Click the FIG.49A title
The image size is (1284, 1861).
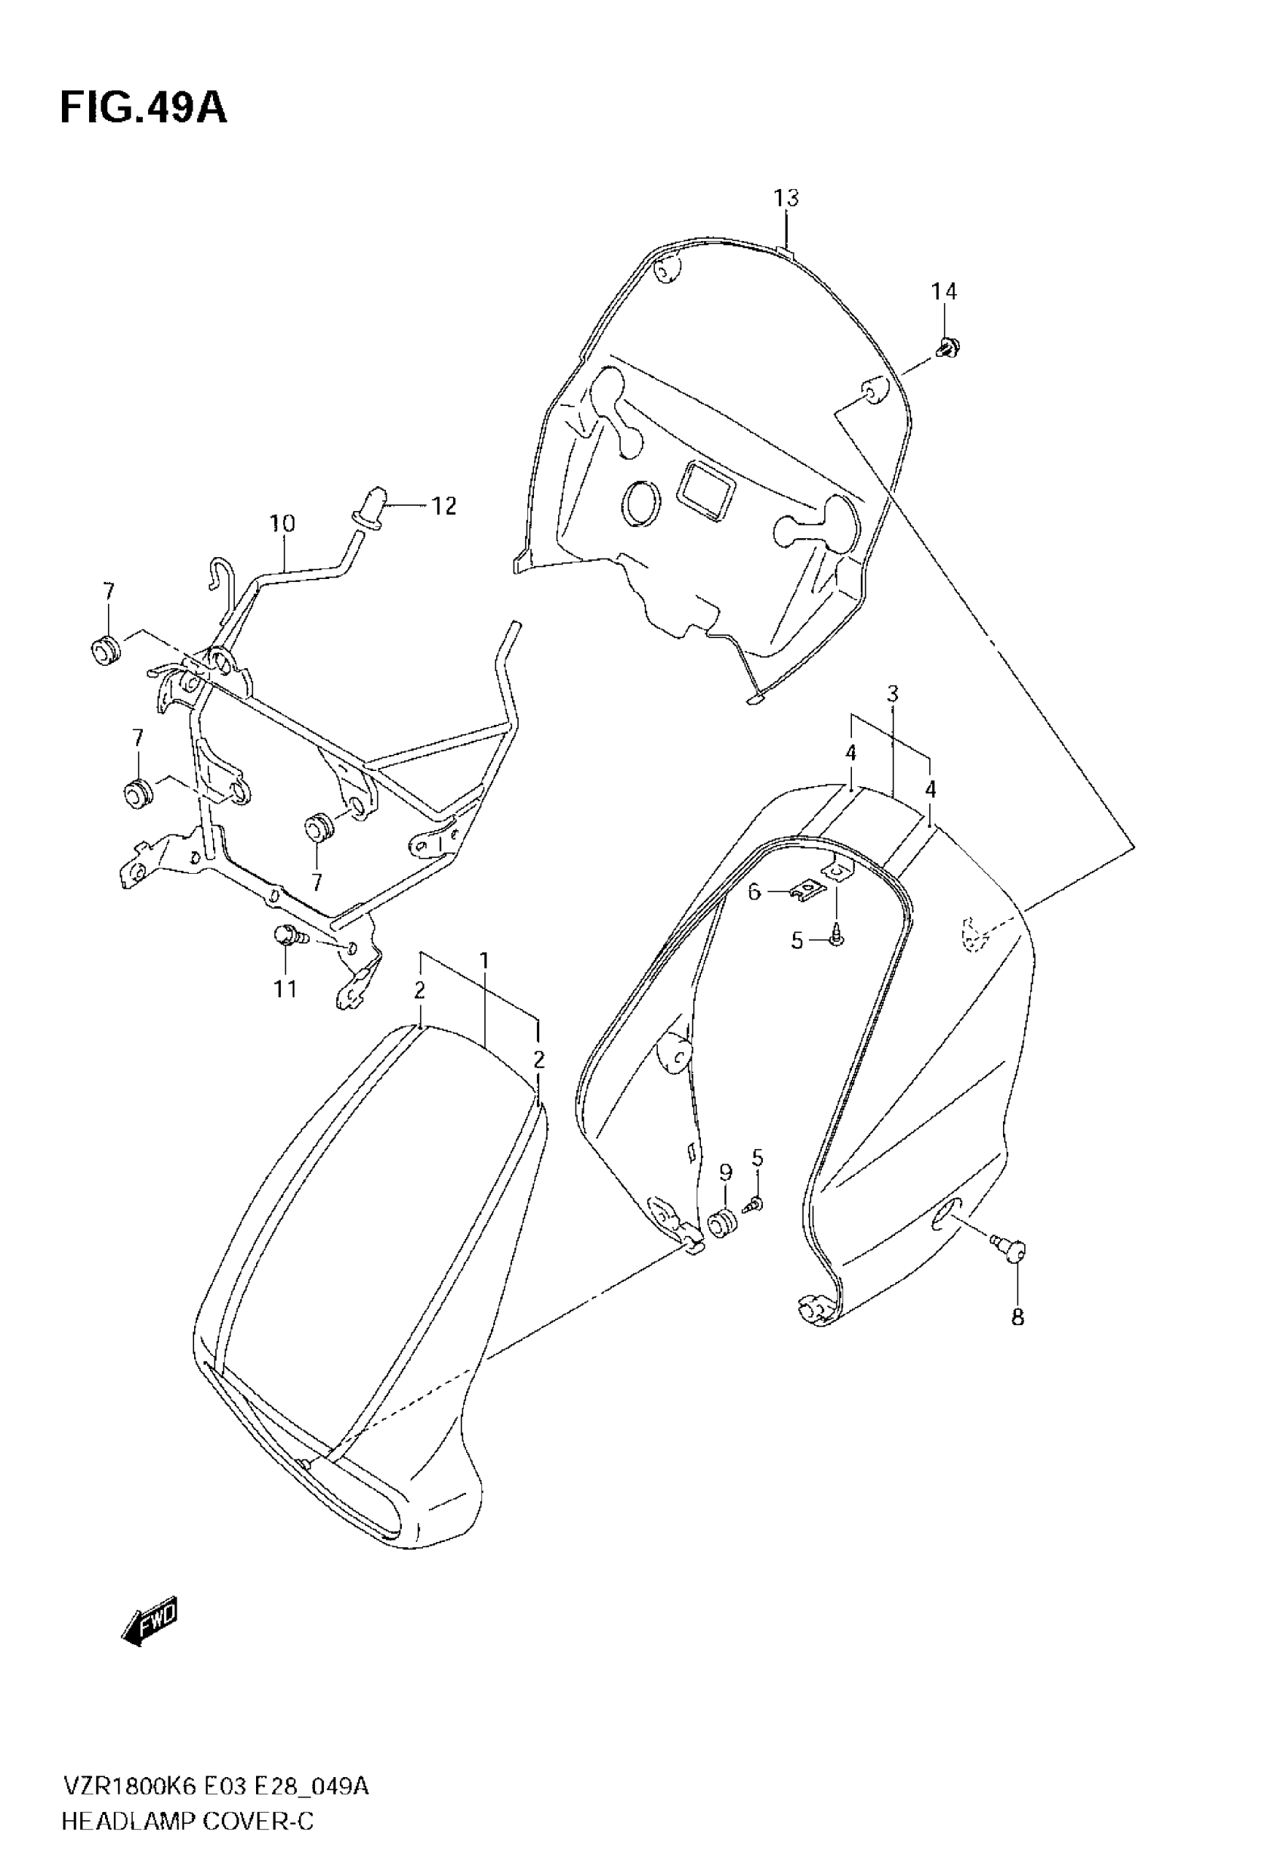tap(144, 108)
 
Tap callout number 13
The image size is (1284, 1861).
tap(786, 198)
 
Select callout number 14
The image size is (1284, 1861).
tap(945, 291)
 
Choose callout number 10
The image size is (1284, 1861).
tap(282, 524)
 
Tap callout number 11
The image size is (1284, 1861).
tap(286, 989)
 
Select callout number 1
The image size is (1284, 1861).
tap(484, 960)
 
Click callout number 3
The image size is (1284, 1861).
tap(892, 694)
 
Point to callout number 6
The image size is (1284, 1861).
tap(754, 892)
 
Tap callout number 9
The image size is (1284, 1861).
tap(726, 1172)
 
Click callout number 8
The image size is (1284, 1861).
tap(1017, 1318)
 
